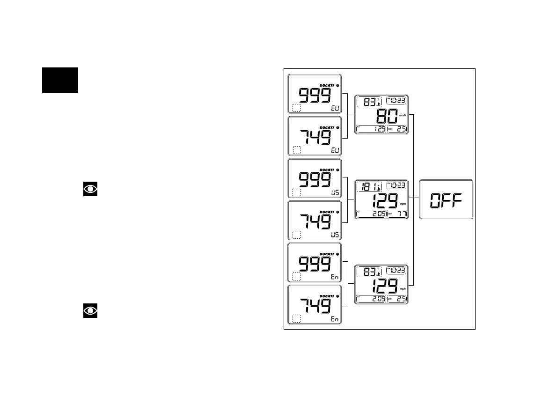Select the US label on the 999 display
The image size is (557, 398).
[335, 192]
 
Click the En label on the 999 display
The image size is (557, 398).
[335, 277]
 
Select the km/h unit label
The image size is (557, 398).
[403, 115]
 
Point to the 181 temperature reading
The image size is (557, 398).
[367, 187]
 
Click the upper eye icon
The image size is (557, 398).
[90, 189]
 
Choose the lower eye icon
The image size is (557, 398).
[90, 311]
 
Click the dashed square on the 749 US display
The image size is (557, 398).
[296, 235]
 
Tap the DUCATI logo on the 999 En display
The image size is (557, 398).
[327, 254]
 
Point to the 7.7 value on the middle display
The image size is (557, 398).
[400, 214]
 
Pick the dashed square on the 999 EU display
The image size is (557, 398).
[296, 109]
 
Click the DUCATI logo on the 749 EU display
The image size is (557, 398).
[327, 127]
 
